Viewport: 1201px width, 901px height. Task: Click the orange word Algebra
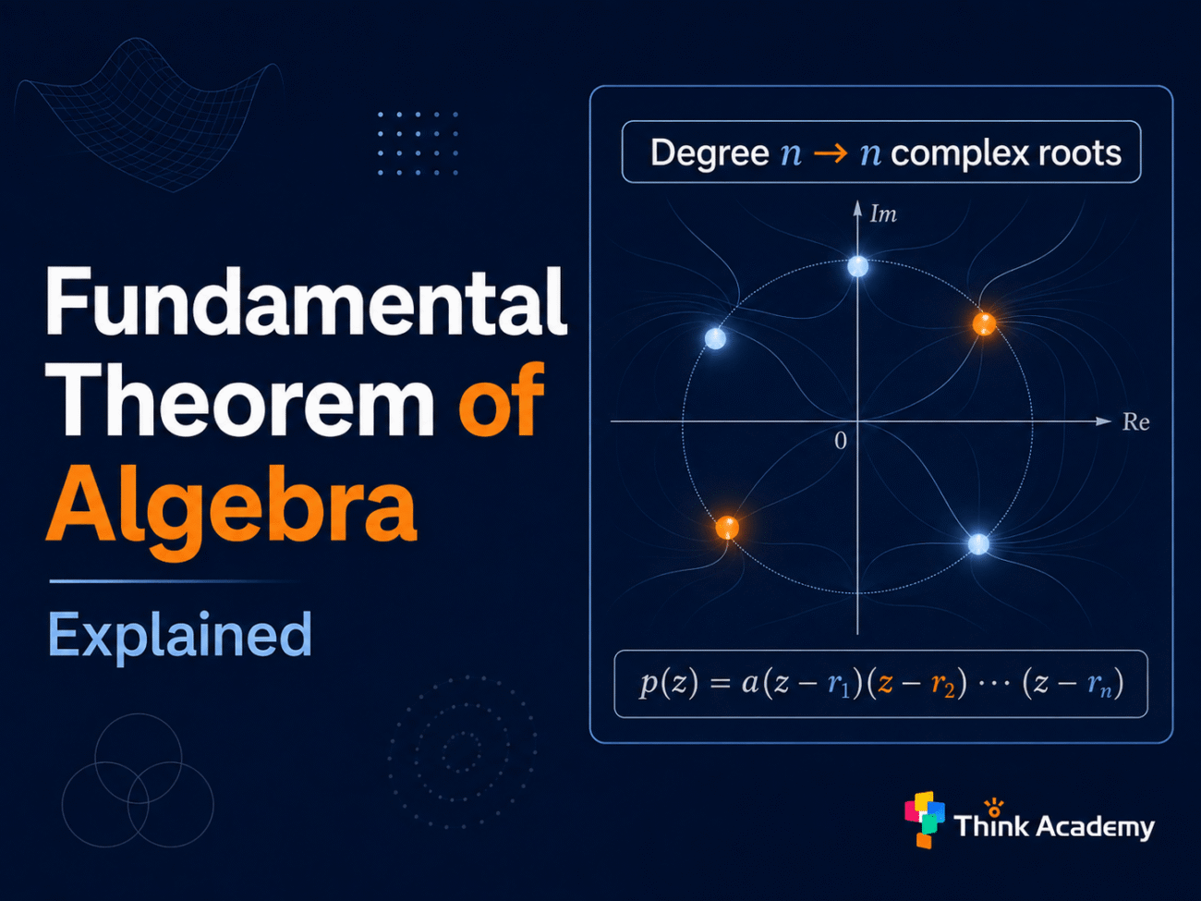click(232, 509)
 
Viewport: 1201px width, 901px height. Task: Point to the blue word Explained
click(180, 636)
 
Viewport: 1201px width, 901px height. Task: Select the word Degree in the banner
click(710, 152)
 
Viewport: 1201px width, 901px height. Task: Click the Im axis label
click(883, 213)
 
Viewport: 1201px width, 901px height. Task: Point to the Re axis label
click(1136, 421)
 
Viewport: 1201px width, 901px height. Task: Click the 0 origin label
click(841, 441)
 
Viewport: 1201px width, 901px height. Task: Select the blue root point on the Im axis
click(858, 267)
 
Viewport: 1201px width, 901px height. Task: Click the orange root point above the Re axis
click(984, 323)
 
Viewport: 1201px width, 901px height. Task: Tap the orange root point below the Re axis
click(727, 528)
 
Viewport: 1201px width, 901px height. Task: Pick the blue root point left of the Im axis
click(715, 338)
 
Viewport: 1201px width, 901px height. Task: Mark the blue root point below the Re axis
click(979, 544)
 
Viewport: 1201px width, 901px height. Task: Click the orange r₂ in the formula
click(943, 685)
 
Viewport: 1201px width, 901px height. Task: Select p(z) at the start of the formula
click(669, 684)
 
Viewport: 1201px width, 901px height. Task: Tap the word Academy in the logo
click(1096, 826)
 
